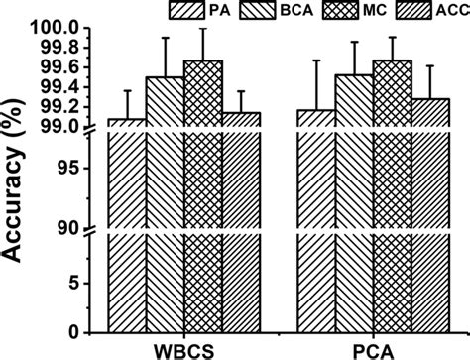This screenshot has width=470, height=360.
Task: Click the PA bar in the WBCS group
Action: point(126,228)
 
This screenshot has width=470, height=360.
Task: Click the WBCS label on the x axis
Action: point(183,349)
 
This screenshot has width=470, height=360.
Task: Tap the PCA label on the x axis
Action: point(375,349)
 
